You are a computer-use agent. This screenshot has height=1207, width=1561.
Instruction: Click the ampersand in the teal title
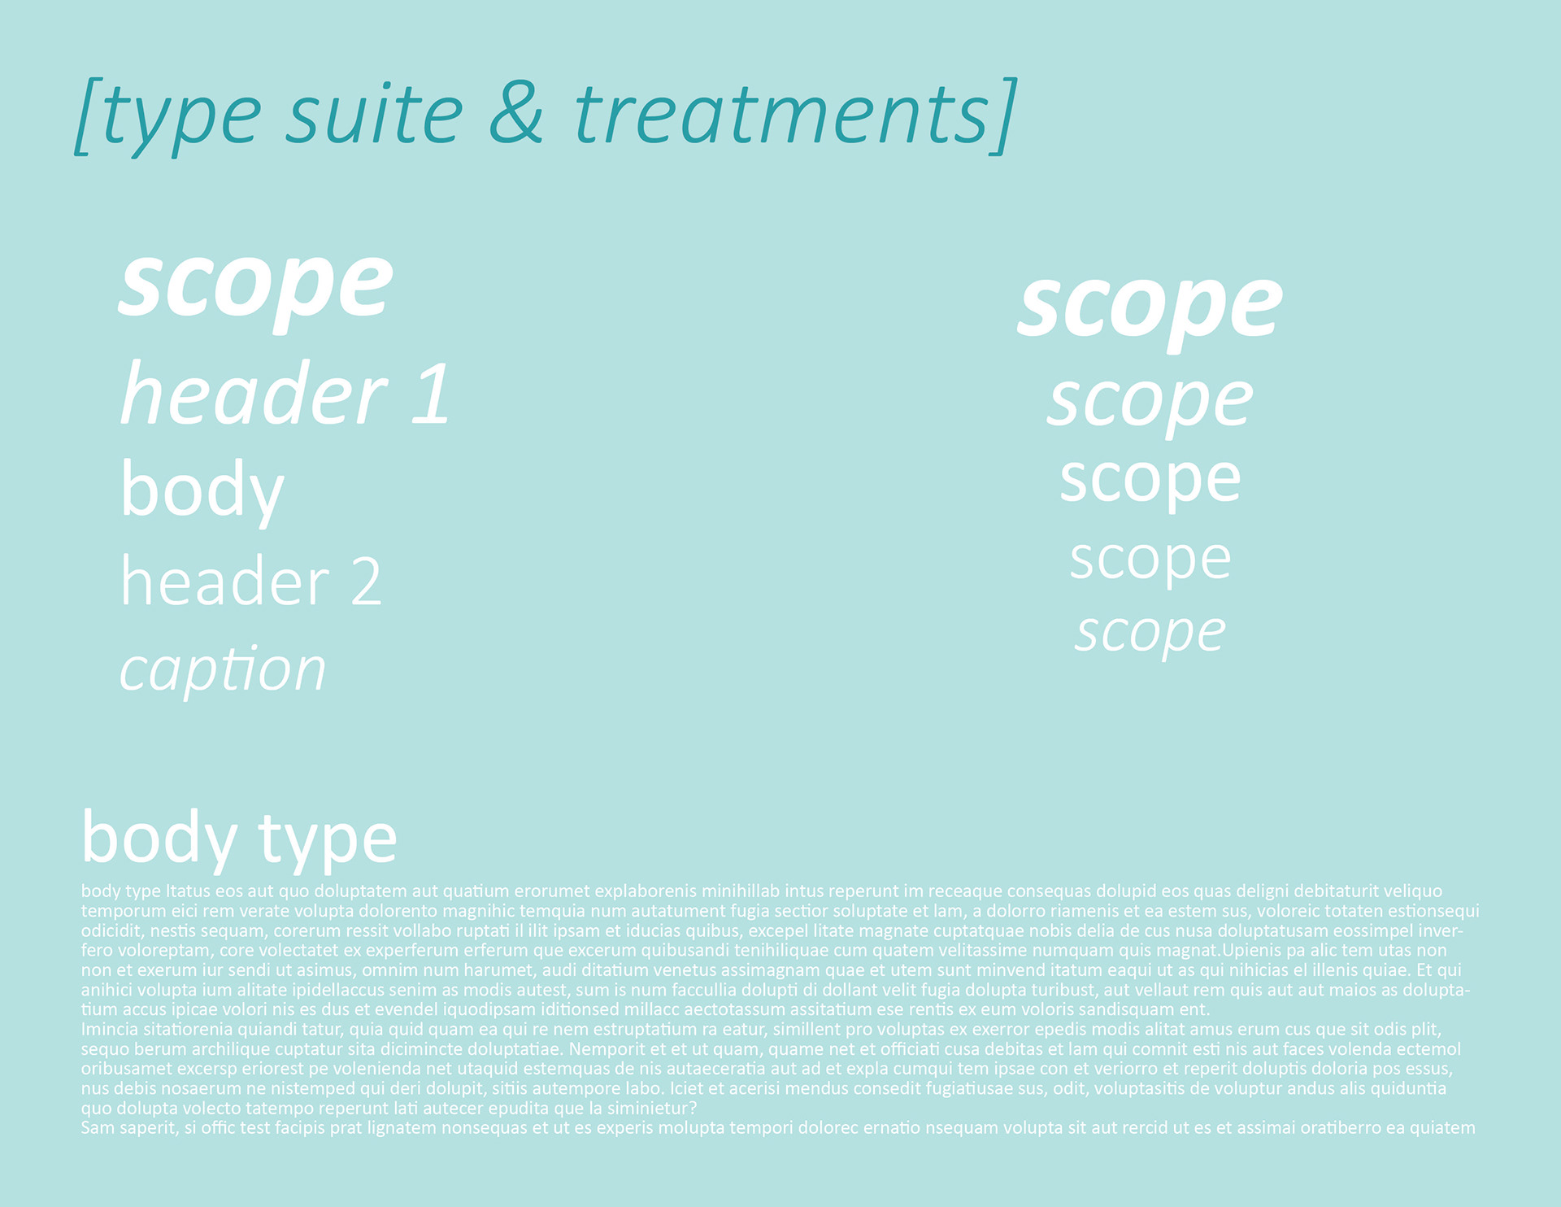click(x=516, y=113)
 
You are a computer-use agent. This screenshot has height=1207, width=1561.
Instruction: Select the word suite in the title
click(x=374, y=113)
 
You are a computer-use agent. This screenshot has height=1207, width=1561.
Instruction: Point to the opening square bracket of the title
click(x=88, y=116)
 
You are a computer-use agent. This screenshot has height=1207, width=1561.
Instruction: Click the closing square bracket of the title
click(x=1005, y=116)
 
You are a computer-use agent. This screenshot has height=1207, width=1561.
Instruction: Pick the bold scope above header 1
click(x=256, y=285)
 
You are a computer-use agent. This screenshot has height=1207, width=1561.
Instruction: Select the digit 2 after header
click(x=366, y=582)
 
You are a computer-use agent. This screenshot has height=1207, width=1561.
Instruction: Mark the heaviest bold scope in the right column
click(x=1150, y=307)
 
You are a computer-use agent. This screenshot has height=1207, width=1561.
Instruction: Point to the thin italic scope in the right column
click(x=1150, y=633)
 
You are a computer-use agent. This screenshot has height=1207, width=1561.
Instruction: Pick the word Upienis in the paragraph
click(x=1253, y=951)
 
